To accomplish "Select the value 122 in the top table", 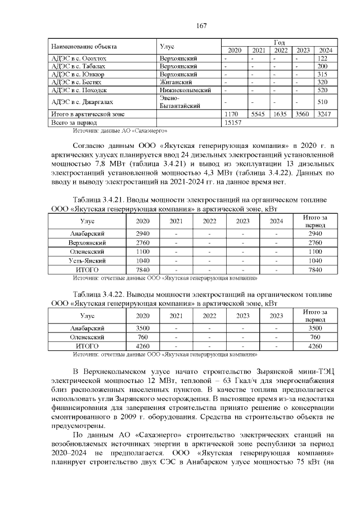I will tap(322, 58).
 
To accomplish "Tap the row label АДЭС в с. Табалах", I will tap(78, 66).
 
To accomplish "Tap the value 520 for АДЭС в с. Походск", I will tap(322, 89).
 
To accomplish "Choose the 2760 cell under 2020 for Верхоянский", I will tap(143, 242).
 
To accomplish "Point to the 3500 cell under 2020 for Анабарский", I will tap(143, 328).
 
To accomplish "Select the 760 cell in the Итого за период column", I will tap(315, 337).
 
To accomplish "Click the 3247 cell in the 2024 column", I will tap(322, 113).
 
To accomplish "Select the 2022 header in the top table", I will tap(281, 50).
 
